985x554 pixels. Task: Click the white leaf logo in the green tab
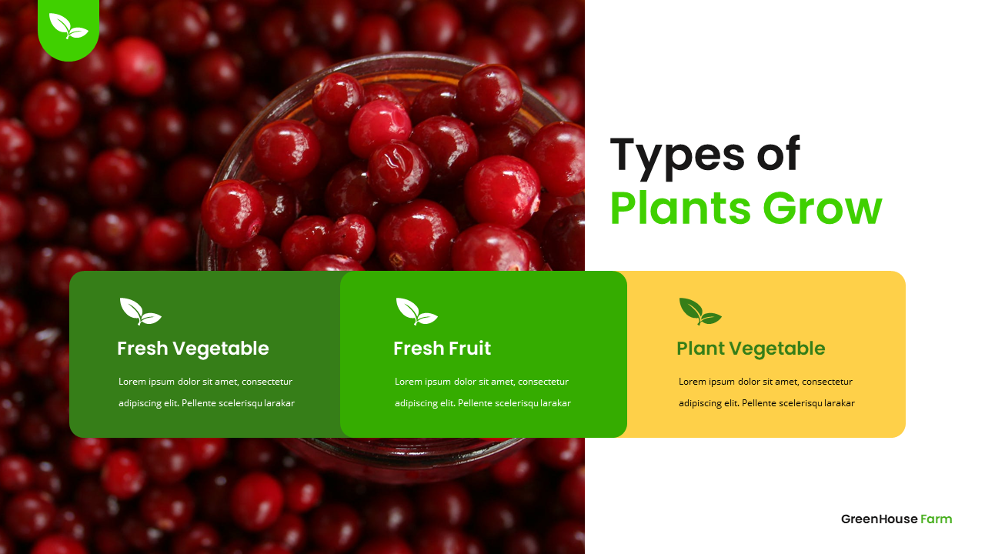pyautogui.click(x=68, y=26)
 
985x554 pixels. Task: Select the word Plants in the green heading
pyautogui.click(x=674, y=209)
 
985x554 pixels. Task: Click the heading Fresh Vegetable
pyautogui.click(x=192, y=349)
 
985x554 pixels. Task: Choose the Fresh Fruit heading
pyautogui.click(x=442, y=349)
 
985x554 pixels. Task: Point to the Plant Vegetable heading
pyautogui.click(x=750, y=349)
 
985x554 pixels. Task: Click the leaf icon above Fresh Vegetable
pyautogui.click(x=140, y=311)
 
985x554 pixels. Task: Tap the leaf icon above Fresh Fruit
pyautogui.click(x=416, y=311)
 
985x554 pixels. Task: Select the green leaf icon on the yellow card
pyautogui.click(x=700, y=311)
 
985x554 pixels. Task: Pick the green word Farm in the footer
pyautogui.click(x=936, y=519)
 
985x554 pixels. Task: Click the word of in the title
pyautogui.click(x=778, y=155)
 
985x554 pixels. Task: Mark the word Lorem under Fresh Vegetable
pyautogui.click(x=132, y=382)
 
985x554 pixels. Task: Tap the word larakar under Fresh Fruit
pyautogui.click(x=556, y=403)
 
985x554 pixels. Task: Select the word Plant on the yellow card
pyautogui.click(x=700, y=349)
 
